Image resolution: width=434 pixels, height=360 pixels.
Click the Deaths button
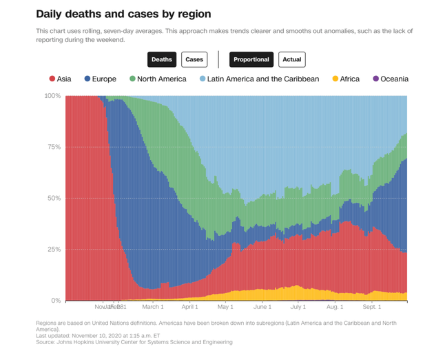pos(162,59)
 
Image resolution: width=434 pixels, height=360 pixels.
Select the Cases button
pos(194,59)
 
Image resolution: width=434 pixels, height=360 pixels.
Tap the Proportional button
pos(251,59)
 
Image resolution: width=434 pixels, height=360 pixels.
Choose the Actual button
pos(292,59)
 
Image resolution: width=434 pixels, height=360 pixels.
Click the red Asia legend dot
pos(52,79)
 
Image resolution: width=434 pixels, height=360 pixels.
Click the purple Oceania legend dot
pos(376,79)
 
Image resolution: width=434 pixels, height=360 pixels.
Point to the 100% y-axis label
pos(52,96)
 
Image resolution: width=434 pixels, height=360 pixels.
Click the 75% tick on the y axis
pos(54,147)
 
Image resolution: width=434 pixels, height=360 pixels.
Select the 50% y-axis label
pos(54,198)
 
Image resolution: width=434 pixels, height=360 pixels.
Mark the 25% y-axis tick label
pos(54,250)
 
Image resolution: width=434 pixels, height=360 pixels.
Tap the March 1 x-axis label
pos(152,306)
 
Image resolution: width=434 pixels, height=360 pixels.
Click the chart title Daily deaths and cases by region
pos(123,14)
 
